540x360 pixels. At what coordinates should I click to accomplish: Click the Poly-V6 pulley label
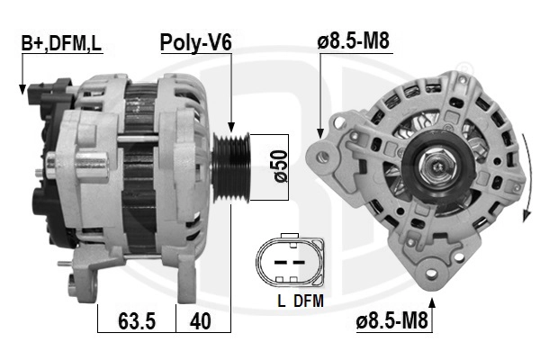pos(196,42)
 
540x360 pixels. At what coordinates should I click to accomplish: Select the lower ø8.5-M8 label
pos(391,319)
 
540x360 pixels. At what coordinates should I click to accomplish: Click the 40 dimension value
pos(203,320)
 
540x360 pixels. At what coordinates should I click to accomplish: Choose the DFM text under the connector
pos(308,301)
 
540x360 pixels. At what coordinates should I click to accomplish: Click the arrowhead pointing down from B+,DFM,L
pos(21,88)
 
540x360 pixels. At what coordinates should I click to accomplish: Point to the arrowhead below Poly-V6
pos(231,129)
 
